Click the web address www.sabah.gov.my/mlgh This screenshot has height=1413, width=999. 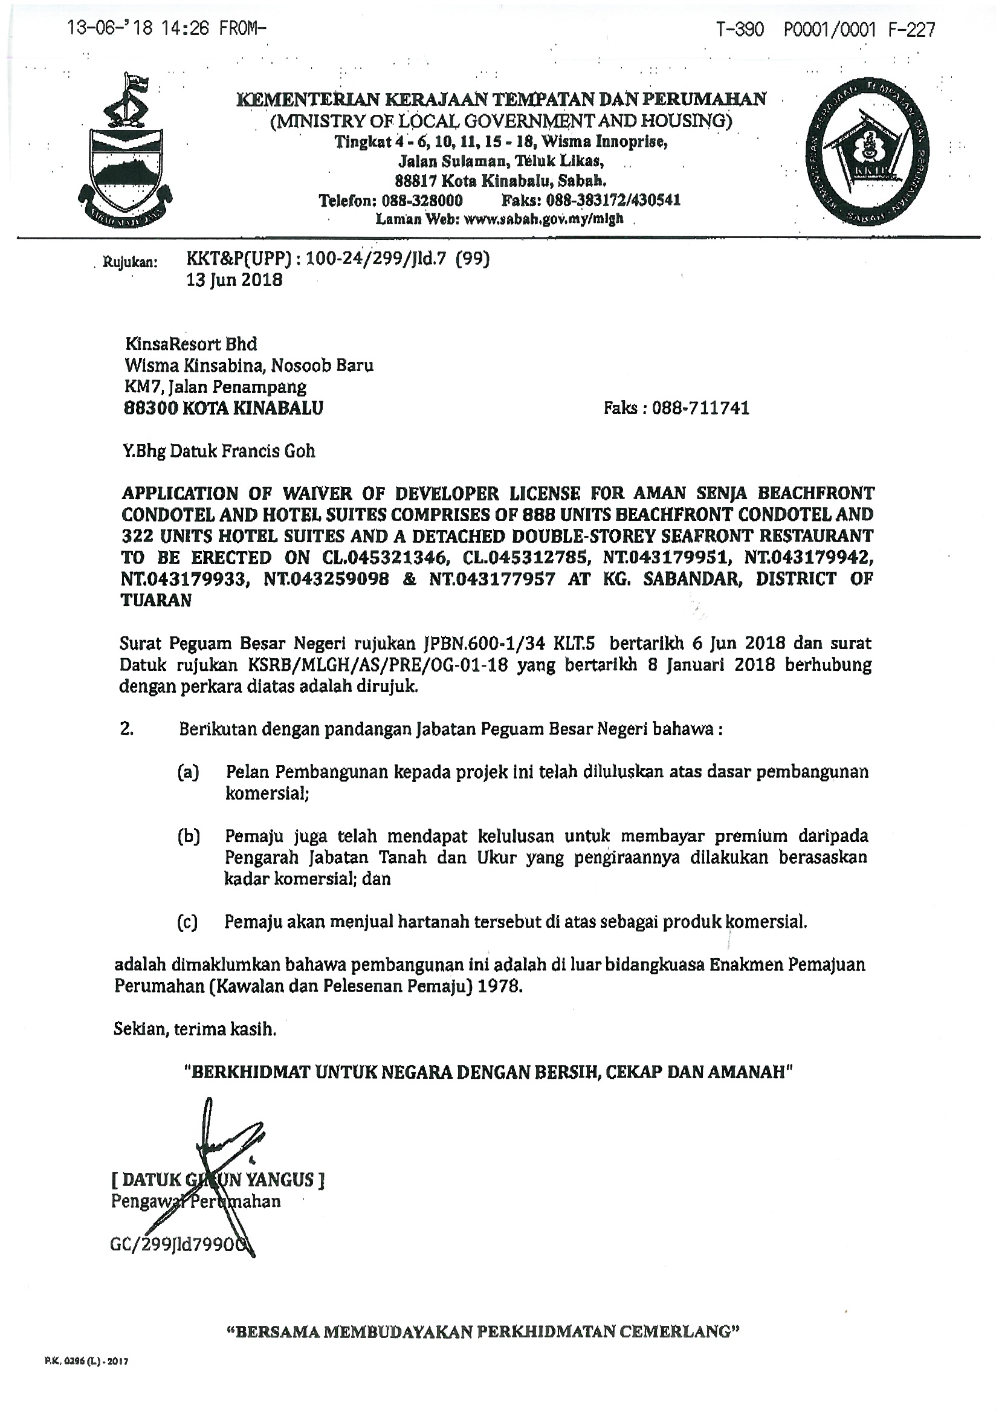point(543,218)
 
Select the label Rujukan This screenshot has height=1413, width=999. point(130,263)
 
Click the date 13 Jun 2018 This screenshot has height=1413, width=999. point(234,280)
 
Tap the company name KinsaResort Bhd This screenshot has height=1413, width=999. point(191,343)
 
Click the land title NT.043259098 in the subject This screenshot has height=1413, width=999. point(326,579)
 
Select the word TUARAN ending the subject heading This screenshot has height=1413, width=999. point(157,601)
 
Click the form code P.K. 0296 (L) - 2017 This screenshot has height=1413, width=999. point(86,1362)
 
